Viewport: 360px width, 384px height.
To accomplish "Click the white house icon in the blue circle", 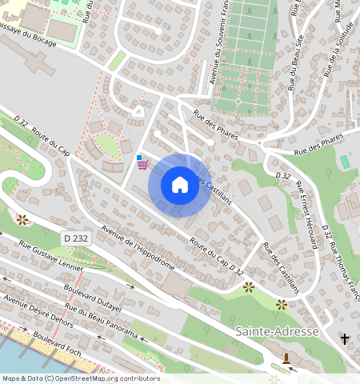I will [x=180, y=186].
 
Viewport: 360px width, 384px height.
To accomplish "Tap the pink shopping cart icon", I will [x=142, y=165].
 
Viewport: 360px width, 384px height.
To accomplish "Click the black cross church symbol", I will [x=345, y=339].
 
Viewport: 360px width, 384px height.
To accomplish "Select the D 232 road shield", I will [x=75, y=238].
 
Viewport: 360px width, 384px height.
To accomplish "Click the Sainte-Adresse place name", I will [x=277, y=331].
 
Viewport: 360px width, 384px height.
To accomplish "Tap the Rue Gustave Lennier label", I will [x=51, y=255].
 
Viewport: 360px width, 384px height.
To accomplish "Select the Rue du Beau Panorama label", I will [x=102, y=322].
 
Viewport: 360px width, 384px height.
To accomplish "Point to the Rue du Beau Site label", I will [x=295, y=53].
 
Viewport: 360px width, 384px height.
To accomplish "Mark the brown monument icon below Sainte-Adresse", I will [x=286, y=357].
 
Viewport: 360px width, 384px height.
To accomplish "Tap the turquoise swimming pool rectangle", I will [x=345, y=162].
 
